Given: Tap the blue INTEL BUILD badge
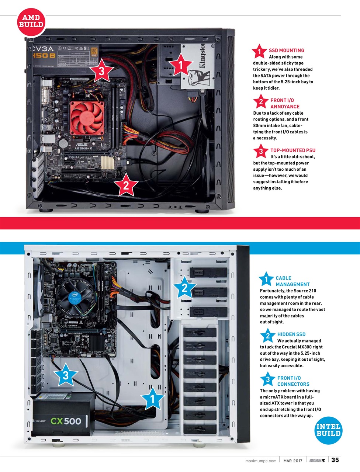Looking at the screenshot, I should (x=328, y=430).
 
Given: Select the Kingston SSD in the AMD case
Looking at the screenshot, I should (x=197, y=67).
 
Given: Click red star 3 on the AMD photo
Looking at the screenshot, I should (x=101, y=72).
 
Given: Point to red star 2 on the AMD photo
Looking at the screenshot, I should (x=126, y=185).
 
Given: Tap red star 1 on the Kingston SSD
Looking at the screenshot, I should (x=180, y=66).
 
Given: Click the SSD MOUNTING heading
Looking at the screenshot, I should (x=286, y=51).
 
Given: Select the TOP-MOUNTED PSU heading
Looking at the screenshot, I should (x=292, y=150).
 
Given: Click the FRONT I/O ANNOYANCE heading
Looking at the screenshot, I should (x=284, y=103).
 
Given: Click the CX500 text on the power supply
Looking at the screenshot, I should (x=66, y=421).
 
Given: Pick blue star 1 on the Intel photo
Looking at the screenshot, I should (x=152, y=399).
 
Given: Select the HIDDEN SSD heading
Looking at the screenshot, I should (x=291, y=334).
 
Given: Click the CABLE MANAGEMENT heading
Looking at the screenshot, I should (x=292, y=281).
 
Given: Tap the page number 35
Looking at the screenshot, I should (x=335, y=460).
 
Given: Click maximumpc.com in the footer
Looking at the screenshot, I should (x=260, y=461).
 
